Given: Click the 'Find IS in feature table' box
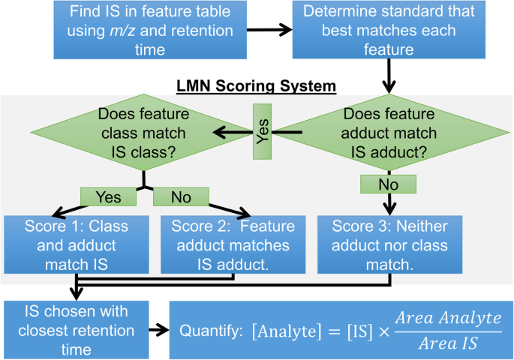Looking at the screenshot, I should [x=143, y=31].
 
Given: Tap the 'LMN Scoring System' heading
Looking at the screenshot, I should [x=257, y=86].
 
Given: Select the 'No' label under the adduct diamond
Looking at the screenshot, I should [x=386, y=183].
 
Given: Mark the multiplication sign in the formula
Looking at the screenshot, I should [x=389, y=330].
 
